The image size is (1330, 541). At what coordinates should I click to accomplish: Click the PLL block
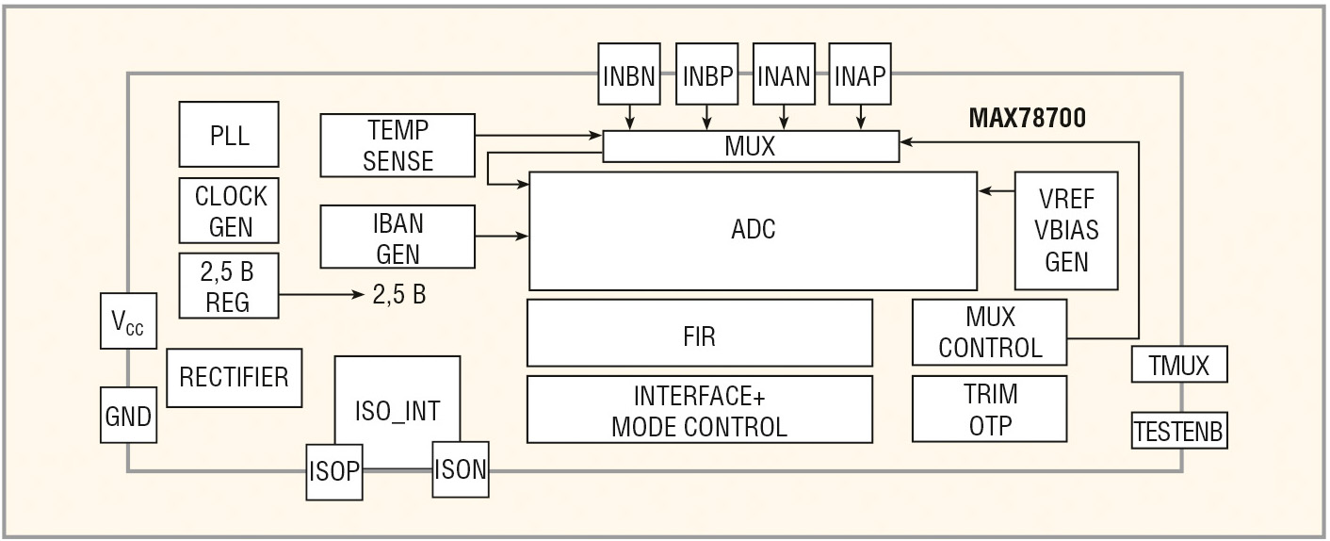229,134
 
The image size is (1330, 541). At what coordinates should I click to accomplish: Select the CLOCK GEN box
229,211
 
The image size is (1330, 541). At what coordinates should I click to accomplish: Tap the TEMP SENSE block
397,145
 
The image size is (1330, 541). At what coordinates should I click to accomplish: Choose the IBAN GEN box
397,238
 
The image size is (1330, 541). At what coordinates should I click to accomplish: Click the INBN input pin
629,74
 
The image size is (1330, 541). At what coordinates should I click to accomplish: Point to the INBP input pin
707,74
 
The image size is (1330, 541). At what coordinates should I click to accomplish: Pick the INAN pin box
784,74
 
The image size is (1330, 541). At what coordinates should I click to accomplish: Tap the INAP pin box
860,74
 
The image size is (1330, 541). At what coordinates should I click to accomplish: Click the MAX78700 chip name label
1027,119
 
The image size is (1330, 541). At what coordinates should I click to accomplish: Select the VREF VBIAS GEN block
1066,231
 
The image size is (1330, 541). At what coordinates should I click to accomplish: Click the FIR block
699,333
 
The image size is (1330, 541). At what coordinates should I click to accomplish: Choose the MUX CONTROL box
989,333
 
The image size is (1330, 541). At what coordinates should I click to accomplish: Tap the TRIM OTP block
989,409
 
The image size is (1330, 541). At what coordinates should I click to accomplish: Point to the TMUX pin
1179,364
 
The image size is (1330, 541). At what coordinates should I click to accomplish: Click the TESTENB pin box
1179,432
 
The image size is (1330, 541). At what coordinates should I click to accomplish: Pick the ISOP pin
334,469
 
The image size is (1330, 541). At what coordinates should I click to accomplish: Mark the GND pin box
128,415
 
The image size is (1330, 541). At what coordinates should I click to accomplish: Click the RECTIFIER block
234,377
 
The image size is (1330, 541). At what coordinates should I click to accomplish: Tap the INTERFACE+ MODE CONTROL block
699,409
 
